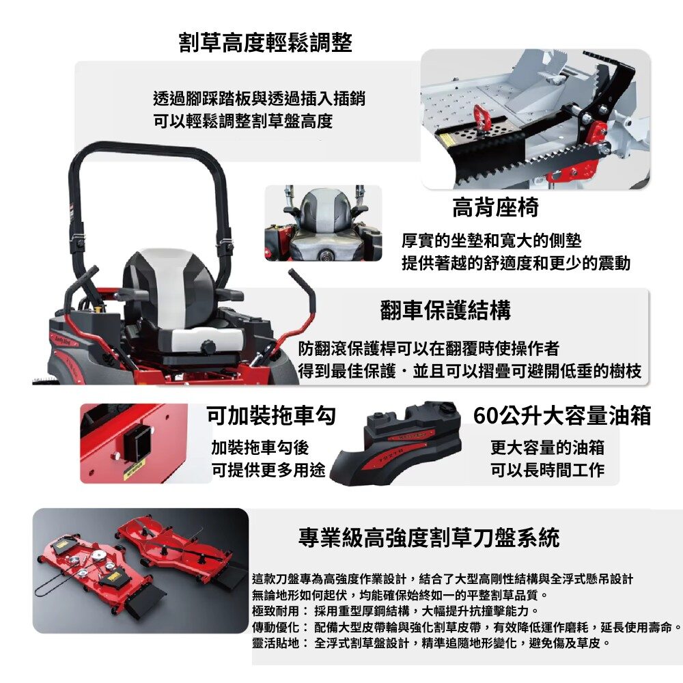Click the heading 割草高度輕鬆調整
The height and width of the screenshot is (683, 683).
pyautogui.click(x=265, y=42)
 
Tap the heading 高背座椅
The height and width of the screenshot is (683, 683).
pyautogui.click(x=496, y=208)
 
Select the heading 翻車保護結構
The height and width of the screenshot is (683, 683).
pyautogui.click(x=445, y=310)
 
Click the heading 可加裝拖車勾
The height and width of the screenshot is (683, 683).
pyautogui.click(x=271, y=415)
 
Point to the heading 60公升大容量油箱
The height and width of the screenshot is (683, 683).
pyautogui.click(x=562, y=415)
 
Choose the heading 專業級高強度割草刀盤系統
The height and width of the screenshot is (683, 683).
pyautogui.click(x=429, y=537)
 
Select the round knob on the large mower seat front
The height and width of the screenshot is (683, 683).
pyautogui.click(x=208, y=348)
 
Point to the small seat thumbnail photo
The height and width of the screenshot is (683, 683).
pyautogui.click(x=323, y=223)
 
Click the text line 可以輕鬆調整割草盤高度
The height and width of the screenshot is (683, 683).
pyautogui.click(x=243, y=121)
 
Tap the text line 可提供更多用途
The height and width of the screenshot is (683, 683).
pyautogui.click(x=268, y=470)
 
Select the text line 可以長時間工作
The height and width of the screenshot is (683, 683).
pyautogui.click(x=547, y=470)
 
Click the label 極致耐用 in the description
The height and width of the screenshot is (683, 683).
pyautogui.click(x=276, y=611)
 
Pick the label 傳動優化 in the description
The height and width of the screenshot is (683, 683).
pyautogui.click(x=276, y=627)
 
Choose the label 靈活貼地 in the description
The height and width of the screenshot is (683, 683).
pyautogui.click(x=276, y=643)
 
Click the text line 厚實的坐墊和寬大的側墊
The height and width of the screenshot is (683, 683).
pyautogui.click(x=491, y=240)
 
